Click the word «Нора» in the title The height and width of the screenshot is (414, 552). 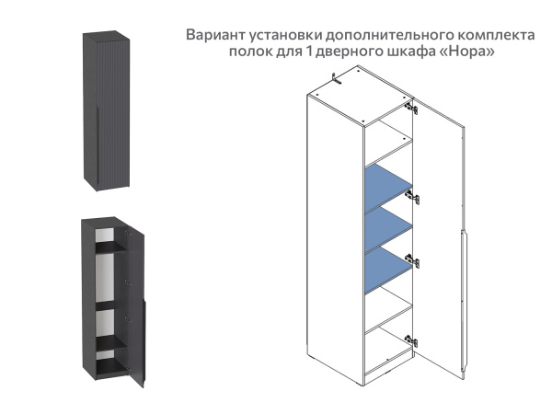[469, 52]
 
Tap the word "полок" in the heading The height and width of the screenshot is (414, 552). [250, 52]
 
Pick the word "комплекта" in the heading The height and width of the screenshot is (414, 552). [496, 35]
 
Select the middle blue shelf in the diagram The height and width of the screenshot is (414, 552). [387, 223]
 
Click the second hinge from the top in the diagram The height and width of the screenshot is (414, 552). [416, 197]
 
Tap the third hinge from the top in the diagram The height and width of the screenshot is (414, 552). [416, 260]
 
